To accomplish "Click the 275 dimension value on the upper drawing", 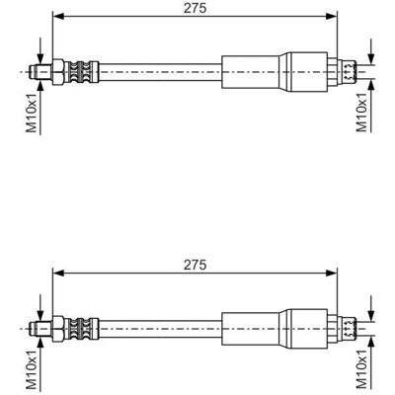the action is (x=196, y=8).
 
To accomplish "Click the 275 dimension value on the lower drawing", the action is (x=196, y=265).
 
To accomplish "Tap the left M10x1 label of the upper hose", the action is (x=32, y=113).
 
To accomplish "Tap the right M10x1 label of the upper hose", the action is (x=361, y=113).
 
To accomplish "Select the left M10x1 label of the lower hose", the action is (x=32, y=369).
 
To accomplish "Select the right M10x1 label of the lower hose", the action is (x=361, y=368).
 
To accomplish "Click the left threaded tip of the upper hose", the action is (x=40, y=72).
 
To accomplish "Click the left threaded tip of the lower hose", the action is (x=40, y=328).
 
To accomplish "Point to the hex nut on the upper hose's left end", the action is (x=58, y=72).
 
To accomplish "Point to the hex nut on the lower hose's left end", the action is (x=58, y=328).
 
